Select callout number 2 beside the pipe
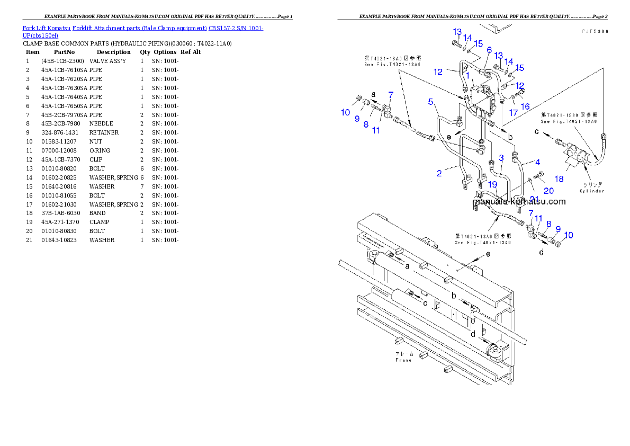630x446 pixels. pos(439,173)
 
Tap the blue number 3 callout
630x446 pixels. pos(501,158)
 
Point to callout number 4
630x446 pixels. pos(537,162)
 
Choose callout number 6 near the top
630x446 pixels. pos(489,50)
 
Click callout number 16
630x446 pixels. pos(525,106)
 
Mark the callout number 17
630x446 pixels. pos(513,112)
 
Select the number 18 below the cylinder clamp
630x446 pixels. pos(559,179)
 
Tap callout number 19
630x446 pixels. pos(493,184)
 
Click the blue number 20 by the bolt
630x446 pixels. pos(548,190)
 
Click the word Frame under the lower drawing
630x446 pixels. pos(403,360)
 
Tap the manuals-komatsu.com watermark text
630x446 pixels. pos(519,201)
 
